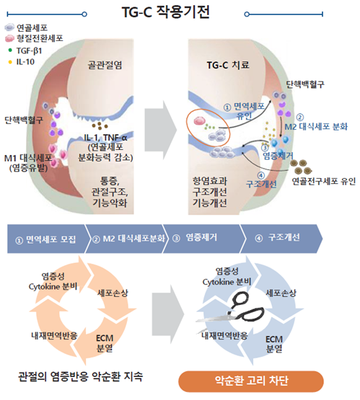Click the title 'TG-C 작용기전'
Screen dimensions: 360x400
click(165, 12)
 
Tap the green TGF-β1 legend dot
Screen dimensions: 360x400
click(10, 50)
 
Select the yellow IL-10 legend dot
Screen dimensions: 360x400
click(10, 62)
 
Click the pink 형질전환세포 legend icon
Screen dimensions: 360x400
click(9, 38)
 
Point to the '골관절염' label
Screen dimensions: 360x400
click(105, 65)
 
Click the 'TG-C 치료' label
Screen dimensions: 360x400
click(228, 65)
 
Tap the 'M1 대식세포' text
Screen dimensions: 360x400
click(28, 158)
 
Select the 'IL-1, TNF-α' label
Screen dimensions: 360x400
click(105, 138)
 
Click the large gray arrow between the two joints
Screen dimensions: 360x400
click(161, 130)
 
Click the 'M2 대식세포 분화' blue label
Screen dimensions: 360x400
click(316, 127)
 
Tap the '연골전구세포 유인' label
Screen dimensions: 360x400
click(323, 182)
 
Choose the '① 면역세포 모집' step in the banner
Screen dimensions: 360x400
click(45, 239)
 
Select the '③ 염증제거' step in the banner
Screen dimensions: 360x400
click(195, 238)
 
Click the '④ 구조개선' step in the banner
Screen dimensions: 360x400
click(277, 238)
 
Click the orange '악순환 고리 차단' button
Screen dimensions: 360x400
click(251, 381)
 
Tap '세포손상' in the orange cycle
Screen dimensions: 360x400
click(113, 293)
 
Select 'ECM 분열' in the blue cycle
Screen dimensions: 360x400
click(274, 344)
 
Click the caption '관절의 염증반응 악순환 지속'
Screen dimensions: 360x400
click(80, 376)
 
